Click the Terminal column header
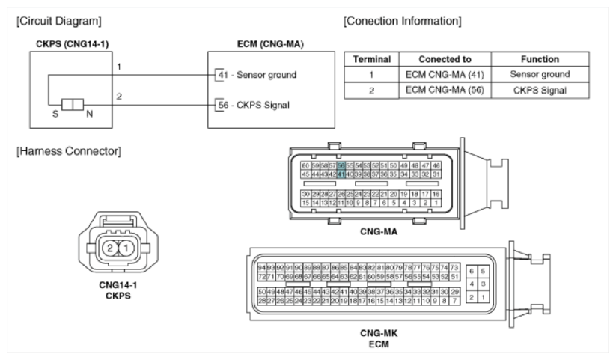coord(371,58)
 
